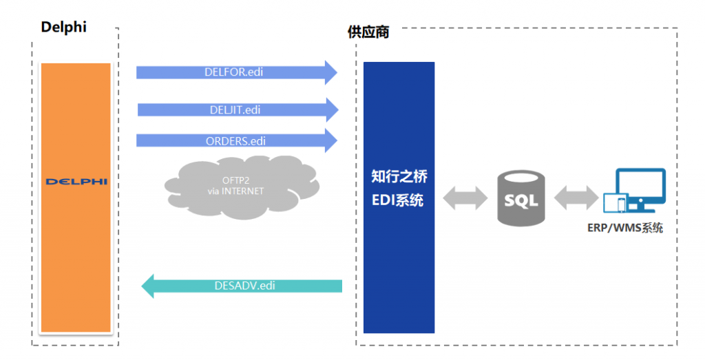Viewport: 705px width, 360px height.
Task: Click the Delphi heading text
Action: [63, 28]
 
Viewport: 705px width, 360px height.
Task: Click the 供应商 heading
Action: [368, 32]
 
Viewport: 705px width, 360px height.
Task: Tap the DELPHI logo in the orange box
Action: [76, 182]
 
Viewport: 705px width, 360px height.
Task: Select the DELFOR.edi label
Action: [234, 72]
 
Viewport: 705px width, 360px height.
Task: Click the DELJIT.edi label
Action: [235, 109]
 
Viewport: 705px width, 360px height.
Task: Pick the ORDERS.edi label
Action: [235, 141]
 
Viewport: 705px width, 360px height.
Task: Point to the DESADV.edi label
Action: [244, 286]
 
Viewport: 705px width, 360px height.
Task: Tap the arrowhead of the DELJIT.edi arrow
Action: [333, 109]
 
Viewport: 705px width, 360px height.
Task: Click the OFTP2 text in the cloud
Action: [235, 180]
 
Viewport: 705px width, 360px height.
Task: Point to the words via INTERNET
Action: [235, 191]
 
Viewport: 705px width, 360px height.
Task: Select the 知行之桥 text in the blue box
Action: [399, 176]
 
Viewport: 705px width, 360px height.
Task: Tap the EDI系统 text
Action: [397, 200]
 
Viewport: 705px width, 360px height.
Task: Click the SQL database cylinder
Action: [521, 198]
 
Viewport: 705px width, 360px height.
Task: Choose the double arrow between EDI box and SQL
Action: [465, 198]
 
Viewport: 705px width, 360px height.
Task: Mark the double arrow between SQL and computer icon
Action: [576, 198]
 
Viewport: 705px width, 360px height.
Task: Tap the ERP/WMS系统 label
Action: [625, 228]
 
